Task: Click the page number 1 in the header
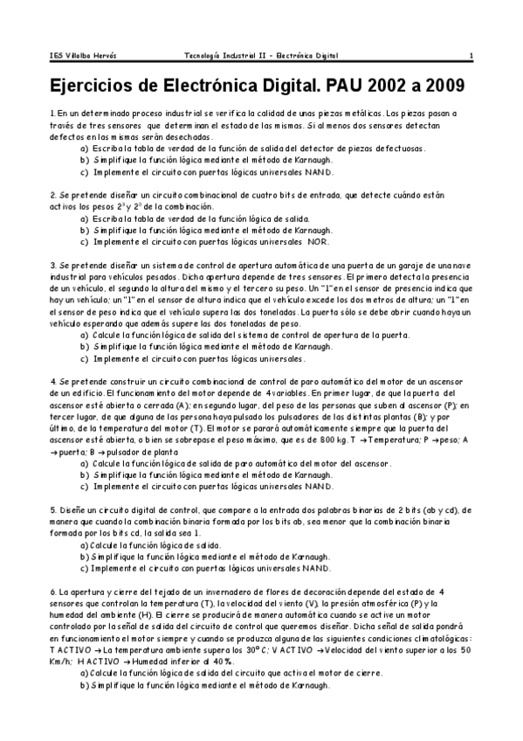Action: coord(471,56)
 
